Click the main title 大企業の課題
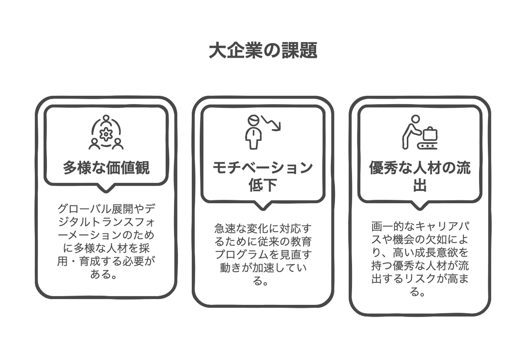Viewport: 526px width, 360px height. click(263, 50)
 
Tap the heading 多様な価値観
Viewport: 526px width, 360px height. click(106, 168)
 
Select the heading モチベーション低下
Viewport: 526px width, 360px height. click(263, 176)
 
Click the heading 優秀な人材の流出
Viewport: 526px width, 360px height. click(419, 176)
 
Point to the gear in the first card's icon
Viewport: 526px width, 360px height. click(106, 134)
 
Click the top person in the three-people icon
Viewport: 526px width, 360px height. click(106, 120)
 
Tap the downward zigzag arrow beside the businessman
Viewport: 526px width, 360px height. click(271, 123)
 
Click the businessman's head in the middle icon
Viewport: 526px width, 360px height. click(253, 121)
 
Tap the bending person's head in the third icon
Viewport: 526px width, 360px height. click(416, 119)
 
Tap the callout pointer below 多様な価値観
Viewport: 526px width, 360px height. click(106, 188)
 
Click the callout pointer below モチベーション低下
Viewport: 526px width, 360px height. click(263, 205)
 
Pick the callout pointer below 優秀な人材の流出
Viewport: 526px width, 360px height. click(419, 205)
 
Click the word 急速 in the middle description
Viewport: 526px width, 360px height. click(225, 228)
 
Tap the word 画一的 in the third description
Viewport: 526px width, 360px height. click(387, 226)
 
